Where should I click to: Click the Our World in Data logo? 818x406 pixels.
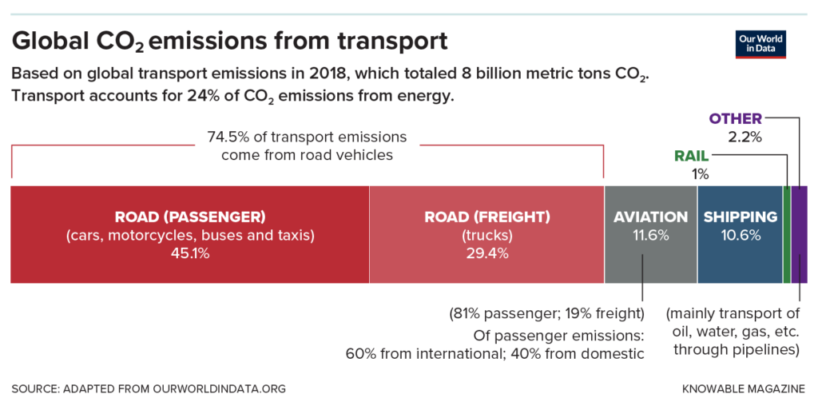tap(760, 44)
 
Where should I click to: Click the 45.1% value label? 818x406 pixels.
tap(189, 253)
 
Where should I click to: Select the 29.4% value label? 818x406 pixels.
tap(486, 253)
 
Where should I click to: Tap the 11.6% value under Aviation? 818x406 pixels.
tap(650, 236)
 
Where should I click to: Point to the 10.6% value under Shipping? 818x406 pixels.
tap(739, 236)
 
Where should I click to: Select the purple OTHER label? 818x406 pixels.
tap(735, 119)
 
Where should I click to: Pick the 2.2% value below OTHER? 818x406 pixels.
tap(745, 137)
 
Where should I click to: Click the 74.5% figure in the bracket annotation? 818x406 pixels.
tap(226, 137)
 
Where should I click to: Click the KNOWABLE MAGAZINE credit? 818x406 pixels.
tap(744, 388)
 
